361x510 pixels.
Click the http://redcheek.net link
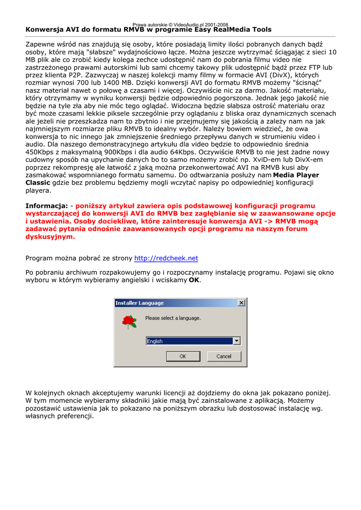(166, 258)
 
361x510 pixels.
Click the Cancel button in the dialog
(223, 356)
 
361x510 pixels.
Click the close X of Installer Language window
(241, 303)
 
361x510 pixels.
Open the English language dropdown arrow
(236, 341)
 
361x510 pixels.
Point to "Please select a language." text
(173, 318)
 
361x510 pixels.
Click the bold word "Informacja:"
(46, 205)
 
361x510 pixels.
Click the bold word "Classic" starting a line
(38, 183)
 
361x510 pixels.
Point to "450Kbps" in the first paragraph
(40, 152)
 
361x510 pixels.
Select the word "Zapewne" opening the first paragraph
(40, 44)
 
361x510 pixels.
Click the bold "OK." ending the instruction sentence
(194, 280)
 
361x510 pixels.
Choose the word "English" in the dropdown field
(155, 341)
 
